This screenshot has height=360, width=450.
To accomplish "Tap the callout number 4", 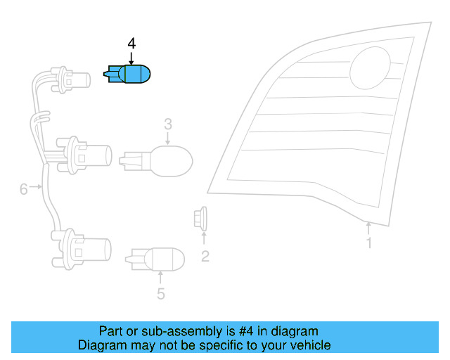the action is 131,44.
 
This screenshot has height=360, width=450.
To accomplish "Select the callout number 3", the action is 168,124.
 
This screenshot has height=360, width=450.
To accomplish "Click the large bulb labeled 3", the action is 156,161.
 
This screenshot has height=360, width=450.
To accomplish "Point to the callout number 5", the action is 161,294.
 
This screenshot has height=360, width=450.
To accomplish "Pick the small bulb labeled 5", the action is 155,259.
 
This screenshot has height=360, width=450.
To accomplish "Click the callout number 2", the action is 205,257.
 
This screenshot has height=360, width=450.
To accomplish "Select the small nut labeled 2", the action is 200,219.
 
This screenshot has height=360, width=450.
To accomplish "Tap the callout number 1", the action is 369,243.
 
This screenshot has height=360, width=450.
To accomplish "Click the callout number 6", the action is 23,189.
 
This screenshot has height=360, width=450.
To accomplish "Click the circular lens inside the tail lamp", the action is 371,68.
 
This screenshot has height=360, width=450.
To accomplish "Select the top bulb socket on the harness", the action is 70,80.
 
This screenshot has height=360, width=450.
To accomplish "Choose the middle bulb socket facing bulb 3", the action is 84,155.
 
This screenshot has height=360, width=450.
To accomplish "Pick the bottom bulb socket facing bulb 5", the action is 82,249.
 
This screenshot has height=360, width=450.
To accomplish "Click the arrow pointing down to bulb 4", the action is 131,58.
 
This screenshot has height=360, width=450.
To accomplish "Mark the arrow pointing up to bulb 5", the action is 160,278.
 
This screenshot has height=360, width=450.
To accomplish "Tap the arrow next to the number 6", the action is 36,187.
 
